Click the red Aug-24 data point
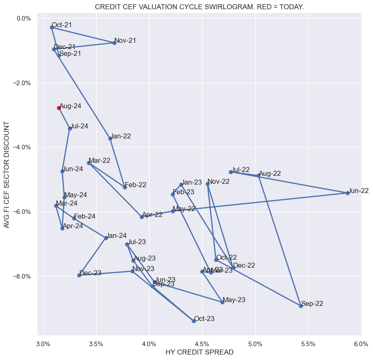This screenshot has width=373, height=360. [x=59, y=108]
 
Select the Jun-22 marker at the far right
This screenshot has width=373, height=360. [x=347, y=193]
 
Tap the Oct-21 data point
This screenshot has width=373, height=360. [x=52, y=27]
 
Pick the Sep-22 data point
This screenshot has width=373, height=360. [x=301, y=306]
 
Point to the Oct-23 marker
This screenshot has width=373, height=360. [x=194, y=321]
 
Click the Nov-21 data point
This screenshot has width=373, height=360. [x=114, y=43]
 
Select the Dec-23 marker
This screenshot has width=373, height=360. [x=79, y=275]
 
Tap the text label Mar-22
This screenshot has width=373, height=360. [x=100, y=160]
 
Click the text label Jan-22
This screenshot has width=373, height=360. [x=121, y=136]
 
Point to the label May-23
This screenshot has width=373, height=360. [x=234, y=300]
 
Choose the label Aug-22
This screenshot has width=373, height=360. [x=270, y=173]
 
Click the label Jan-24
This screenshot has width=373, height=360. [x=116, y=236]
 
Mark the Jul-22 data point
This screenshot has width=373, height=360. [x=231, y=172]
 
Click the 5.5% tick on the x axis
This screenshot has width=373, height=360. [x=308, y=344]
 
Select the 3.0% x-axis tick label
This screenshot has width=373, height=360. [x=43, y=344]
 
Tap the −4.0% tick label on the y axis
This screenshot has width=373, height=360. [x=22, y=147]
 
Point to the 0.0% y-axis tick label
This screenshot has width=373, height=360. [x=24, y=18]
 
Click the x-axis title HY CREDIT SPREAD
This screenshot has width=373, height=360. [x=199, y=352]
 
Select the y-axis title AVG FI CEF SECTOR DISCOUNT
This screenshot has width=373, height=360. [x=7, y=175]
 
